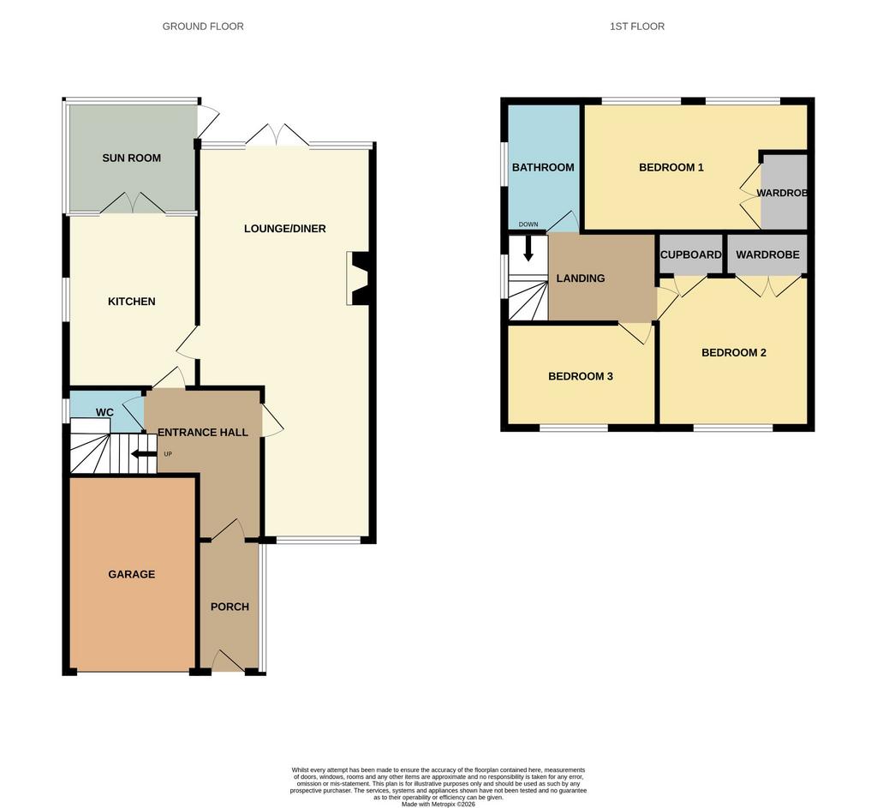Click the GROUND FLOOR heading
click(203, 27)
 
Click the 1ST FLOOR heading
click(637, 27)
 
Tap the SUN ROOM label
click(131, 159)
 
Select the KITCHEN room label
click(131, 302)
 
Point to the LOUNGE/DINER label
click(284, 229)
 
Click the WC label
click(104, 413)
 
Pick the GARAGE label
click(131, 575)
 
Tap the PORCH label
click(230, 607)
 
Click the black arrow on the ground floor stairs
click(144, 454)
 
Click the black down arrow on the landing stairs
click(528, 249)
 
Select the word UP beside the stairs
click(168, 454)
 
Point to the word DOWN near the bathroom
click(528, 224)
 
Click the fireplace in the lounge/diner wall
click(358, 278)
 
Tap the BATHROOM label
click(543, 168)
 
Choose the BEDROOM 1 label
click(671, 168)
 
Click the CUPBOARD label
click(691, 255)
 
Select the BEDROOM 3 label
click(581, 377)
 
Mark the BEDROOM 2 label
click(734, 353)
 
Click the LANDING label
click(581, 278)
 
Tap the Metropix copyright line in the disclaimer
click(438, 804)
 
